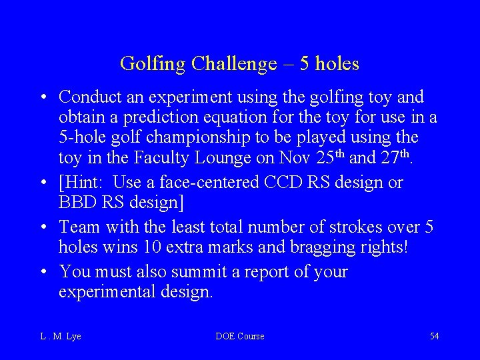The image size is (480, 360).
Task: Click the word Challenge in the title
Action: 233,64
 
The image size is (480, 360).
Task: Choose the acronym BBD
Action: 77,202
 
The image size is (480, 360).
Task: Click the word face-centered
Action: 203,182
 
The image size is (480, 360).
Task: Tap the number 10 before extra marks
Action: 151,247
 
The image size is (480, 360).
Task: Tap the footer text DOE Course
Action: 240,336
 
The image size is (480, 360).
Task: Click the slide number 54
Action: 435,336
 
